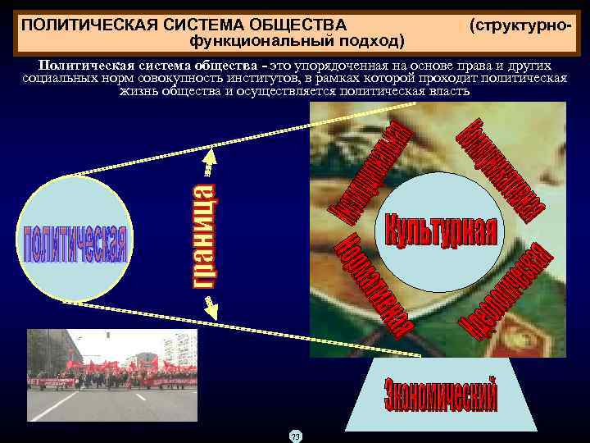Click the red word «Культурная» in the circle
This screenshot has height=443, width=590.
[x=440, y=228]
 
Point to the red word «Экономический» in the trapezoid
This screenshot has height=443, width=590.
[x=440, y=395]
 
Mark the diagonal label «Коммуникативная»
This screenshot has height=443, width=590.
[x=503, y=167]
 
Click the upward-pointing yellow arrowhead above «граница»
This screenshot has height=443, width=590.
[x=210, y=155]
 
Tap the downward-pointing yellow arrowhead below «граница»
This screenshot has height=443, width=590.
[x=210, y=308]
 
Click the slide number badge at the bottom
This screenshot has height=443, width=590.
[x=295, y=436]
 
